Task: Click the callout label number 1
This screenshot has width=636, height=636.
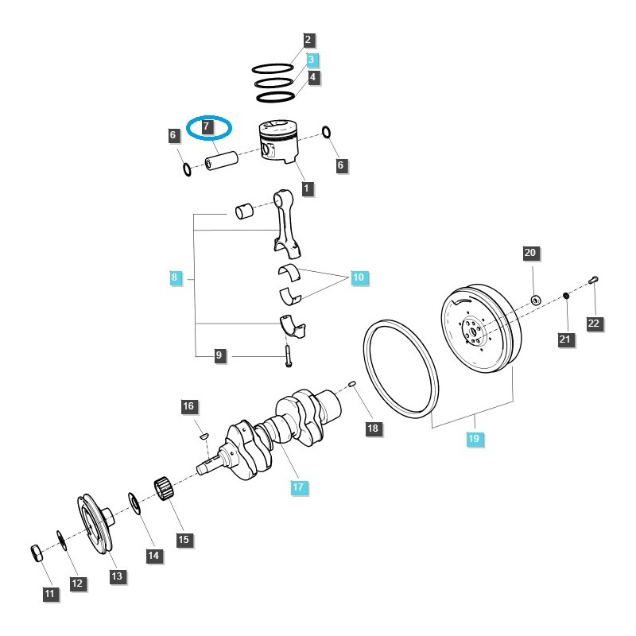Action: pos(306,189)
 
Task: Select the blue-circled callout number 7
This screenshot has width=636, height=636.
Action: pos(207,126)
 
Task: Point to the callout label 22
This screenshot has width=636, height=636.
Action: pos(594,323)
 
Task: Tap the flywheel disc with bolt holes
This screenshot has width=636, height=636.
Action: pos(476,332)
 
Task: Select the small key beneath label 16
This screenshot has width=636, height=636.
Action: pos(202,435)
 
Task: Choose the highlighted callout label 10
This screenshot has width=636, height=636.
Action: pos(359,277)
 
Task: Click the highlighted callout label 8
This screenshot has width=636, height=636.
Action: pos(174,278)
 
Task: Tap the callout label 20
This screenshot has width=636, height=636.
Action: pos(530,254)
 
